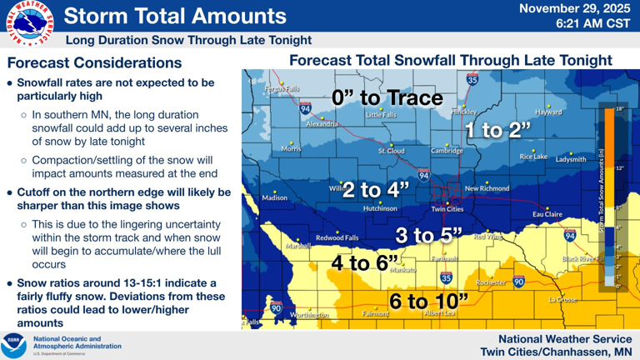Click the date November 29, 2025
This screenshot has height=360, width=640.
pyautogui.click(x=575, y=8)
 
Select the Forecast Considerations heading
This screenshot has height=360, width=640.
pyautogui.click(x=94, y=62)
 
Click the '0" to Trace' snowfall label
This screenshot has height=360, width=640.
pyautogui.click(x=387, y=97)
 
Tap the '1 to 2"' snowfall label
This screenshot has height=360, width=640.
pyautogui.click(x=497, y=130)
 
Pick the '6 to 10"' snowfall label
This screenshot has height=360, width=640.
pyautogui.click(x=428, y=300)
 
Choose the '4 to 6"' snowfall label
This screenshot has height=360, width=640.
pyautogui.click(x=365, y=263)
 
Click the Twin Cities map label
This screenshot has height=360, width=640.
pyautogui.click(x=447, y=209)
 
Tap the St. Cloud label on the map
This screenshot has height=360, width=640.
pyautogui.click(x=392, y=151)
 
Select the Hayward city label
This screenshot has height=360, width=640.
pyautogui.click(x=548, y=112)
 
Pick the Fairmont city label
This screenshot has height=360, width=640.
pyautogui.click(x=376, y=314)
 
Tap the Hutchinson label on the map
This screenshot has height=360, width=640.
pyautogui.click(x=380, y=208)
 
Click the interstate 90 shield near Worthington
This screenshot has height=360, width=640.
pyautogui.click(x=276, y=307)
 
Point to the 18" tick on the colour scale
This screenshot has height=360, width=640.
pyautogui.click(x=618, y=109)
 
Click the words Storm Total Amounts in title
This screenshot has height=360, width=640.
pyautogui.click(x=175, y=16)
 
